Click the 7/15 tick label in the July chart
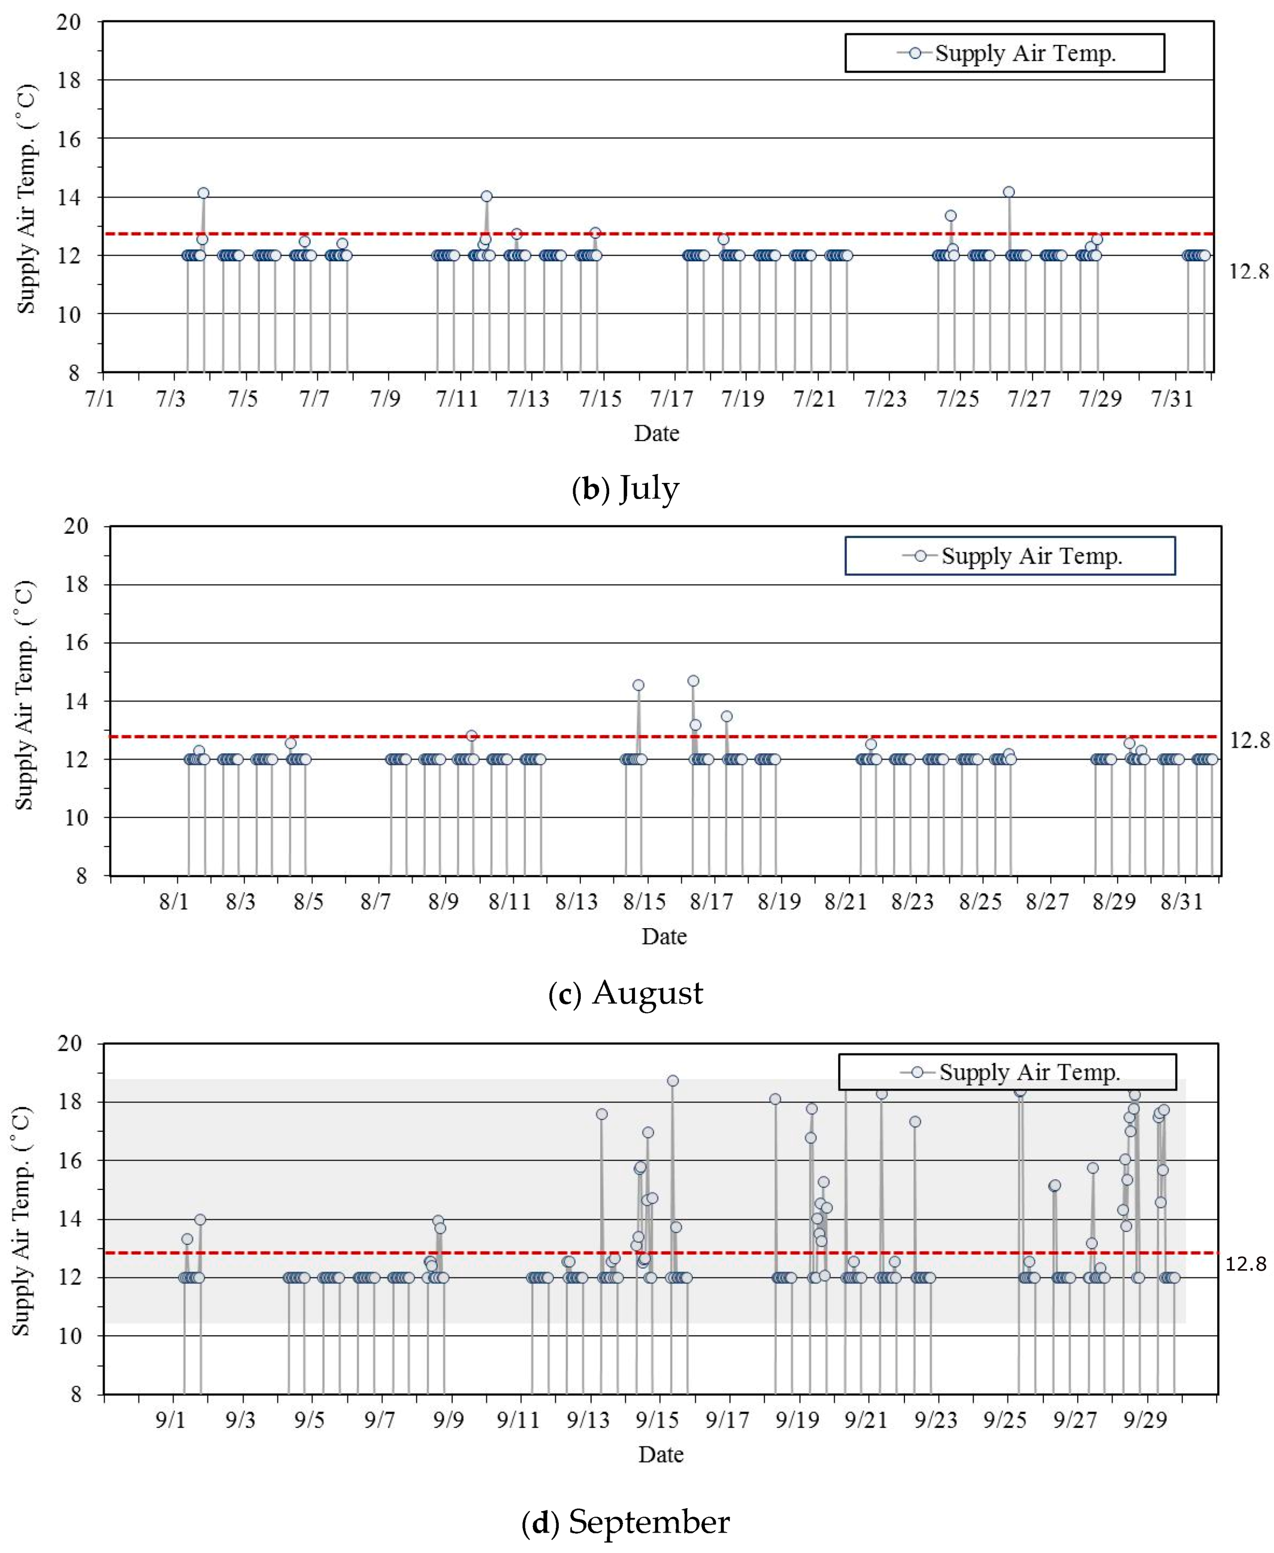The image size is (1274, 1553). click(600, 399)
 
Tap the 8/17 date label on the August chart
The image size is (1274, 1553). click(711, 902)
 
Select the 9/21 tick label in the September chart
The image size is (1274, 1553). click(866, 1420)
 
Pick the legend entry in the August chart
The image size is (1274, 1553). click(1010, 556)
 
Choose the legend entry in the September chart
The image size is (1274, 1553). click(1007, 1073)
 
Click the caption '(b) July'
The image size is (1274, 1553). click(625, 488)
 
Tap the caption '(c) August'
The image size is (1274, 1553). click(625, 992)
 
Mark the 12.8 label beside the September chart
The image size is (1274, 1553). click(1246, 1263)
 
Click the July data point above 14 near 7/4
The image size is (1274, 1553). click(203, 193)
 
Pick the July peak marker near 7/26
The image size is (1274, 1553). click(1009, 192)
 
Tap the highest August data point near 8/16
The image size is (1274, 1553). click(693, 681)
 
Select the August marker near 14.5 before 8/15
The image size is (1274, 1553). click(638, 685)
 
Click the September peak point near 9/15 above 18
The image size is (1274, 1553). click(672, 1080)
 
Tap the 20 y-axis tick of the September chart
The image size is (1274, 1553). click(69, 1043)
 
